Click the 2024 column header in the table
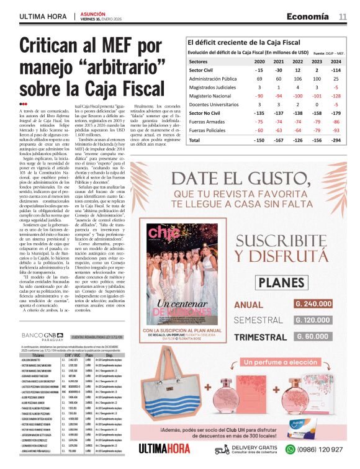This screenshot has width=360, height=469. click(x=336, y=62)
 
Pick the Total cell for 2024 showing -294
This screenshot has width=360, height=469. click(x=336, y=141)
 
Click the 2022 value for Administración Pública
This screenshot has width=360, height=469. click(x=298, y=79)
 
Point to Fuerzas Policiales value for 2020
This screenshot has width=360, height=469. click(x=259, y=131)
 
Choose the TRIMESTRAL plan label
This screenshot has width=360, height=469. click(x=260, y=336)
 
